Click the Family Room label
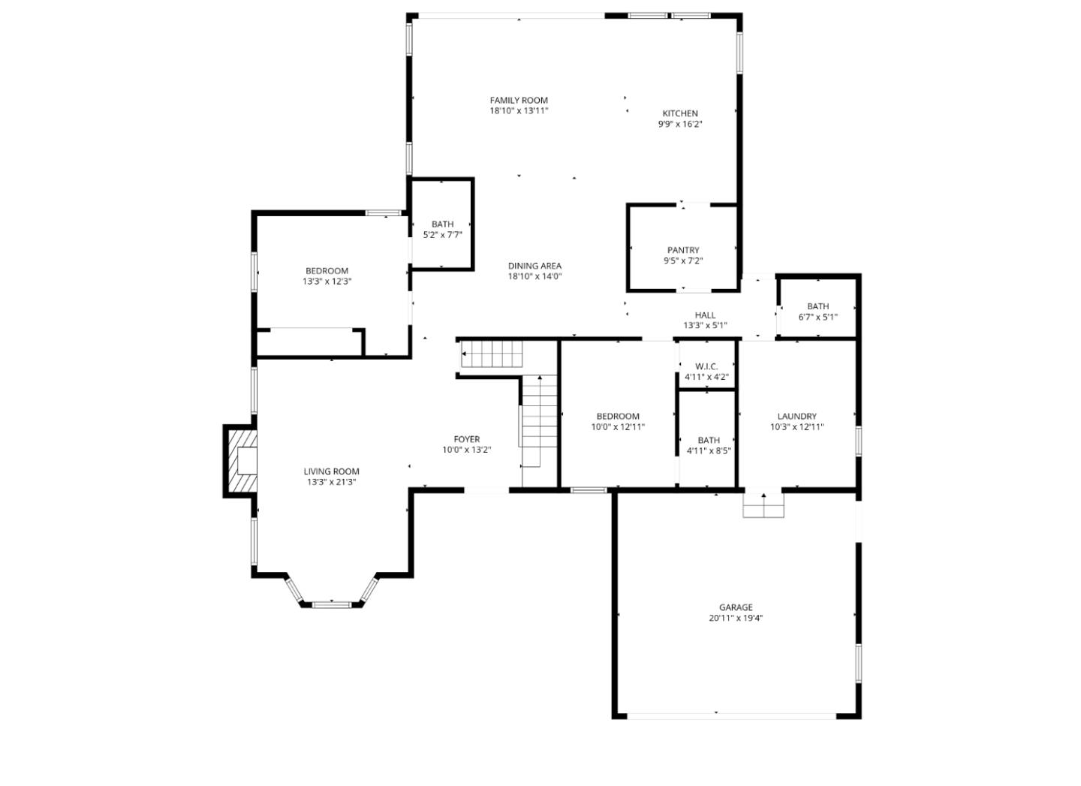tap(519, 100)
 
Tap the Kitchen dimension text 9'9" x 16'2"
tap(679, 125)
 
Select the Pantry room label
tap(682, 250)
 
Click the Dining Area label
tap(534, 266)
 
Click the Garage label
tap(735, 607)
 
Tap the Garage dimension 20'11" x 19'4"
tap(735, 619)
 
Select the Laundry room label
tap(796, 417)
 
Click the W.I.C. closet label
tap(706, 366)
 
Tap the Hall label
tap(705, 315)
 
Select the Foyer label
tap(466, 439)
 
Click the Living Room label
tap(331, 471)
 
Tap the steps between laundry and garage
tap(763, 506)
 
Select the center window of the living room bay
tap(332, 604)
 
